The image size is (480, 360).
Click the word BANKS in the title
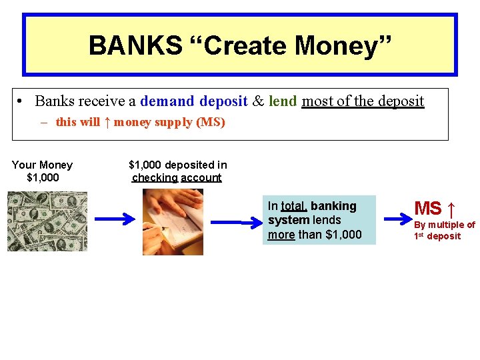tap(135, 45)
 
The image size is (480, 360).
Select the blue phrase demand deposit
tap(193, 101)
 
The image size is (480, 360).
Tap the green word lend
tap(283, 101)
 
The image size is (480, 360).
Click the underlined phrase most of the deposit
tap(363, 101)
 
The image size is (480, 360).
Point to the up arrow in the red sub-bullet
tap(107, 123)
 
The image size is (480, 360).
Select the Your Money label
tap(42, 165)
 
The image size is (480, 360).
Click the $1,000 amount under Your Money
tap(43, 177)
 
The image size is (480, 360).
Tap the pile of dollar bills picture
tap(47, 221)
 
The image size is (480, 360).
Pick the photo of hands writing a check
tap(173, 221)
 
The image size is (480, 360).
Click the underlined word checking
tap(155, 177)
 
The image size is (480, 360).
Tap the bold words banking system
tap(312, 213)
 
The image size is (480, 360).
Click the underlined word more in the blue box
tap(281, 234)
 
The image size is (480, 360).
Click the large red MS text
tap(428, 209)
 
